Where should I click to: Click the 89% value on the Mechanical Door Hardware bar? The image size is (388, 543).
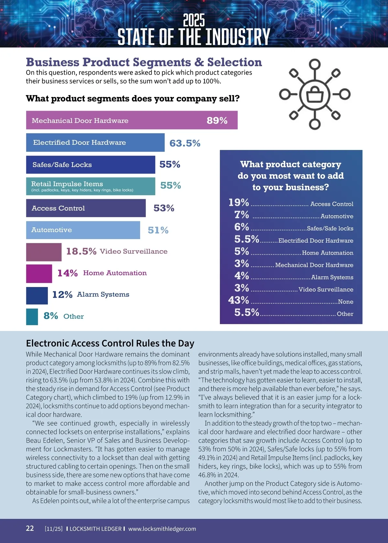(217, 121)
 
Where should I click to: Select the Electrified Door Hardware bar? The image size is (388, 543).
(95, 143)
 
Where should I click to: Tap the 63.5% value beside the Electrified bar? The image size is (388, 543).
(185, 143)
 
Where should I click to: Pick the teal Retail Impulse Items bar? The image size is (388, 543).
(91, 186)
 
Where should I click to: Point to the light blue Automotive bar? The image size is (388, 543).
(83, 230)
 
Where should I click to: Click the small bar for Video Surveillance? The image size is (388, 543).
(44, 252)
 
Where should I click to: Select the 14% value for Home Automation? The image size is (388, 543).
(67, 273)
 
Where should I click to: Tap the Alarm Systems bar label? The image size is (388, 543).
(103, 294)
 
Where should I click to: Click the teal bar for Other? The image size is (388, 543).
(32, 317)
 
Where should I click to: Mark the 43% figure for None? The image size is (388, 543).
(239, 300)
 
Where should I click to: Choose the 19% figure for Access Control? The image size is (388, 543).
(239, 203)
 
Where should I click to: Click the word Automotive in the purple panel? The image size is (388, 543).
(337, 216)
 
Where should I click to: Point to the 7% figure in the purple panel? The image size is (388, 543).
(242, 215)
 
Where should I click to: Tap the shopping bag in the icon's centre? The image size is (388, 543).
(315, 95)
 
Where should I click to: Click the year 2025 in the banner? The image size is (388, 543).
(194, 20)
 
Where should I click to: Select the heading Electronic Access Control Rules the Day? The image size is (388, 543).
(110, 343)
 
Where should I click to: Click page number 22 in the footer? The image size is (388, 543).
(30, 528)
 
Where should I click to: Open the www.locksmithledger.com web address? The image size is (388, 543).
(162, 529)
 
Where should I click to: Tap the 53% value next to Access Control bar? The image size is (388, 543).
(164, 208)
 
